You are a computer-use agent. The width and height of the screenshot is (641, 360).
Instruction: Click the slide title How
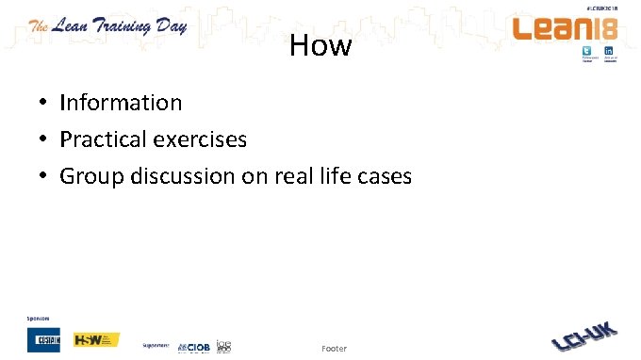tap(320, 45)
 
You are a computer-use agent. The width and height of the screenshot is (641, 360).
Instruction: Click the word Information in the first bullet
tap(121, 102)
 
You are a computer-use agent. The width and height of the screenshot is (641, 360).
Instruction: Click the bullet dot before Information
tap(43, 103)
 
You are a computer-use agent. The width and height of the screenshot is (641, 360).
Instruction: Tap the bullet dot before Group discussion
tap(43, 176)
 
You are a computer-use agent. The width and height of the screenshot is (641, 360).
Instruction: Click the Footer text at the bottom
tap(334, 349)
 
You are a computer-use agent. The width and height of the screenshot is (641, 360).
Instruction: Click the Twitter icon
tap(587, 52)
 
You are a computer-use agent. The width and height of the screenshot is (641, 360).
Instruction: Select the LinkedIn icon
tap(609, 52)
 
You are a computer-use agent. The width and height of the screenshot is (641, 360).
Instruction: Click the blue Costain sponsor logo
tap(43, 339)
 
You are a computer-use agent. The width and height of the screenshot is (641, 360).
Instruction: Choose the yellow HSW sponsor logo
tap(96, 339)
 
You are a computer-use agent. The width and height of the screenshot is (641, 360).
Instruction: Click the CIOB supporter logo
tap(194, 346)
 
